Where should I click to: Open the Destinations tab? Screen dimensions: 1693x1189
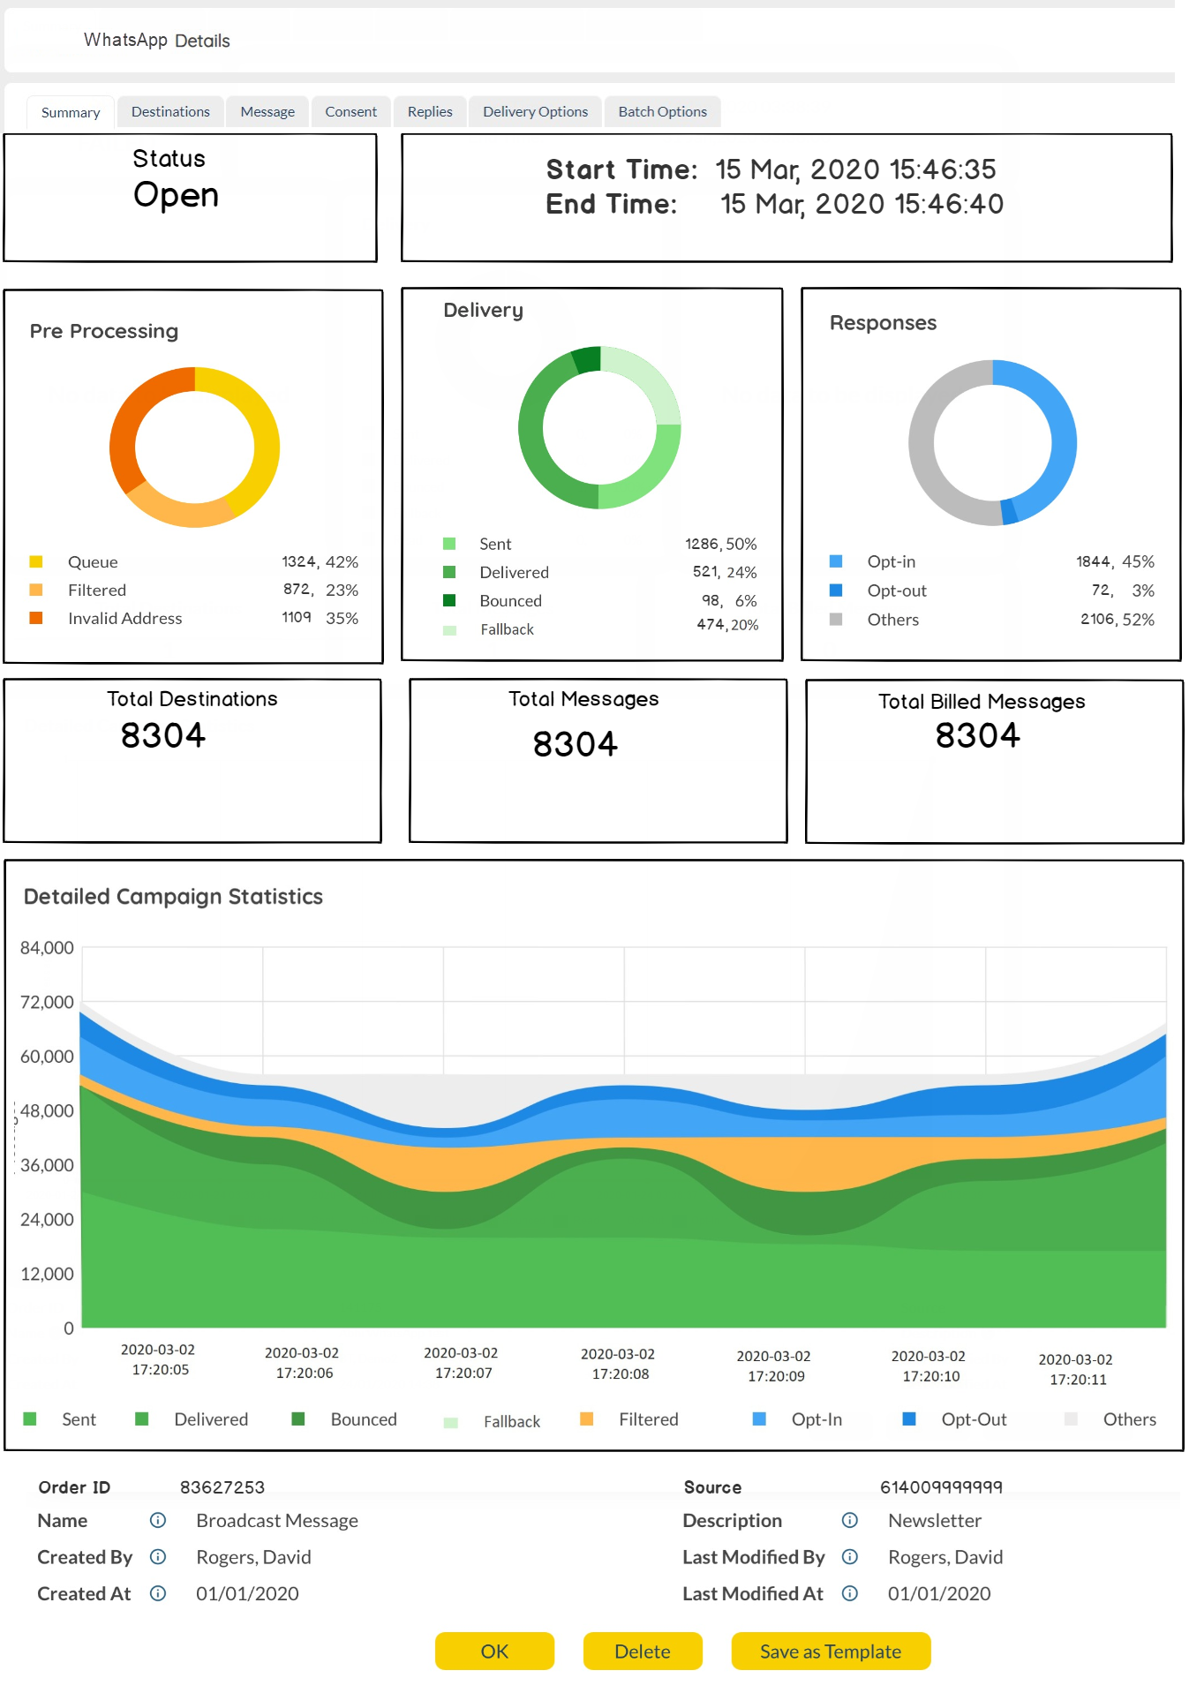coord(170,112)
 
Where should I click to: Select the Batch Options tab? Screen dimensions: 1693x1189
coord(662,112)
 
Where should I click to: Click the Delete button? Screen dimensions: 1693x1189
coord(642,1652)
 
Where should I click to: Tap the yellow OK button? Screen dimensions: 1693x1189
coord(494,1652)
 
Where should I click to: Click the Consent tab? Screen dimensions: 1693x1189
coord(350,112)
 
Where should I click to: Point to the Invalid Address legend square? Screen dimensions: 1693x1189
coord(36,618)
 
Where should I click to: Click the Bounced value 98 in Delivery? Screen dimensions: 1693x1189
coord(711,600)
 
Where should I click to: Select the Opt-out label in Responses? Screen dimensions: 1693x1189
coord(897,591)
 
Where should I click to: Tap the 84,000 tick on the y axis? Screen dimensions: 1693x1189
coord(47,948)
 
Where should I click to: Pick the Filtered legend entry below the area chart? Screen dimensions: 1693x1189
coord(648,1419)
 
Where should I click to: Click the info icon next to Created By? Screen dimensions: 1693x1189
coord(158,1557)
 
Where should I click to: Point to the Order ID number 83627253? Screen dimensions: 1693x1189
coord(222,1487)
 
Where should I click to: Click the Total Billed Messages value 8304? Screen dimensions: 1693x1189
coord(978,735)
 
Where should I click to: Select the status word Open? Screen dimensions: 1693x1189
coord(176,195)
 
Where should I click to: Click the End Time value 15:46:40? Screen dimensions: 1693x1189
coord(949,205)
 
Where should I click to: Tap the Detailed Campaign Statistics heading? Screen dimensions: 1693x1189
coord(173,897)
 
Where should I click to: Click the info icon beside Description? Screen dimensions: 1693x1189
coord(850,1520)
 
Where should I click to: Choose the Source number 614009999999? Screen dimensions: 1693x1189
coord(941,1487)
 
